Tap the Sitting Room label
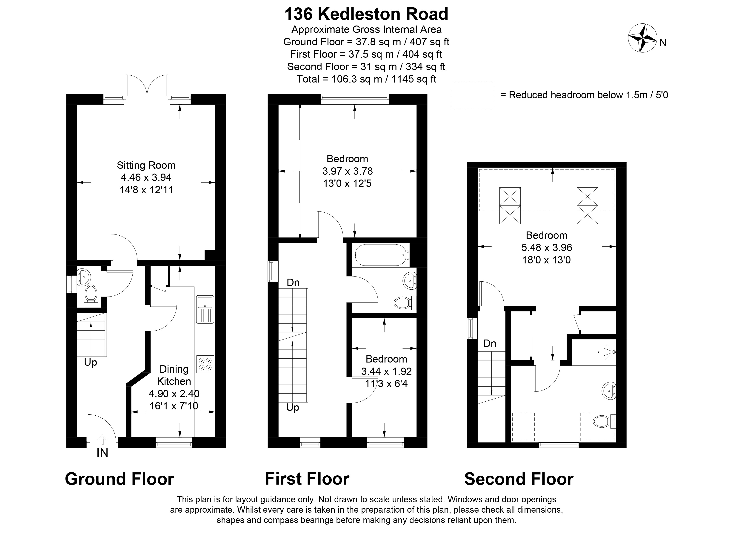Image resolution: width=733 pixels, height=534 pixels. click(146, 165)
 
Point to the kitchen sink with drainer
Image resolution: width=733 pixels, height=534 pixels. click(205, 309)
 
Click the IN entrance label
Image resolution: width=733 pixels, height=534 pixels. click(102, 453)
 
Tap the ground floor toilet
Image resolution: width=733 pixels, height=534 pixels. click(91, 295)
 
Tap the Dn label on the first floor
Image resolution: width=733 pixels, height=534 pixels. click(293, 283)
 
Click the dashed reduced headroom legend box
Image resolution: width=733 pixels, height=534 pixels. click(473, 96)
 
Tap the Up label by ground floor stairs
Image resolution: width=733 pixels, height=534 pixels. click(91, 362)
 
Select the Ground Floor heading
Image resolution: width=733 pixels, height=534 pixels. click(119, 479)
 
